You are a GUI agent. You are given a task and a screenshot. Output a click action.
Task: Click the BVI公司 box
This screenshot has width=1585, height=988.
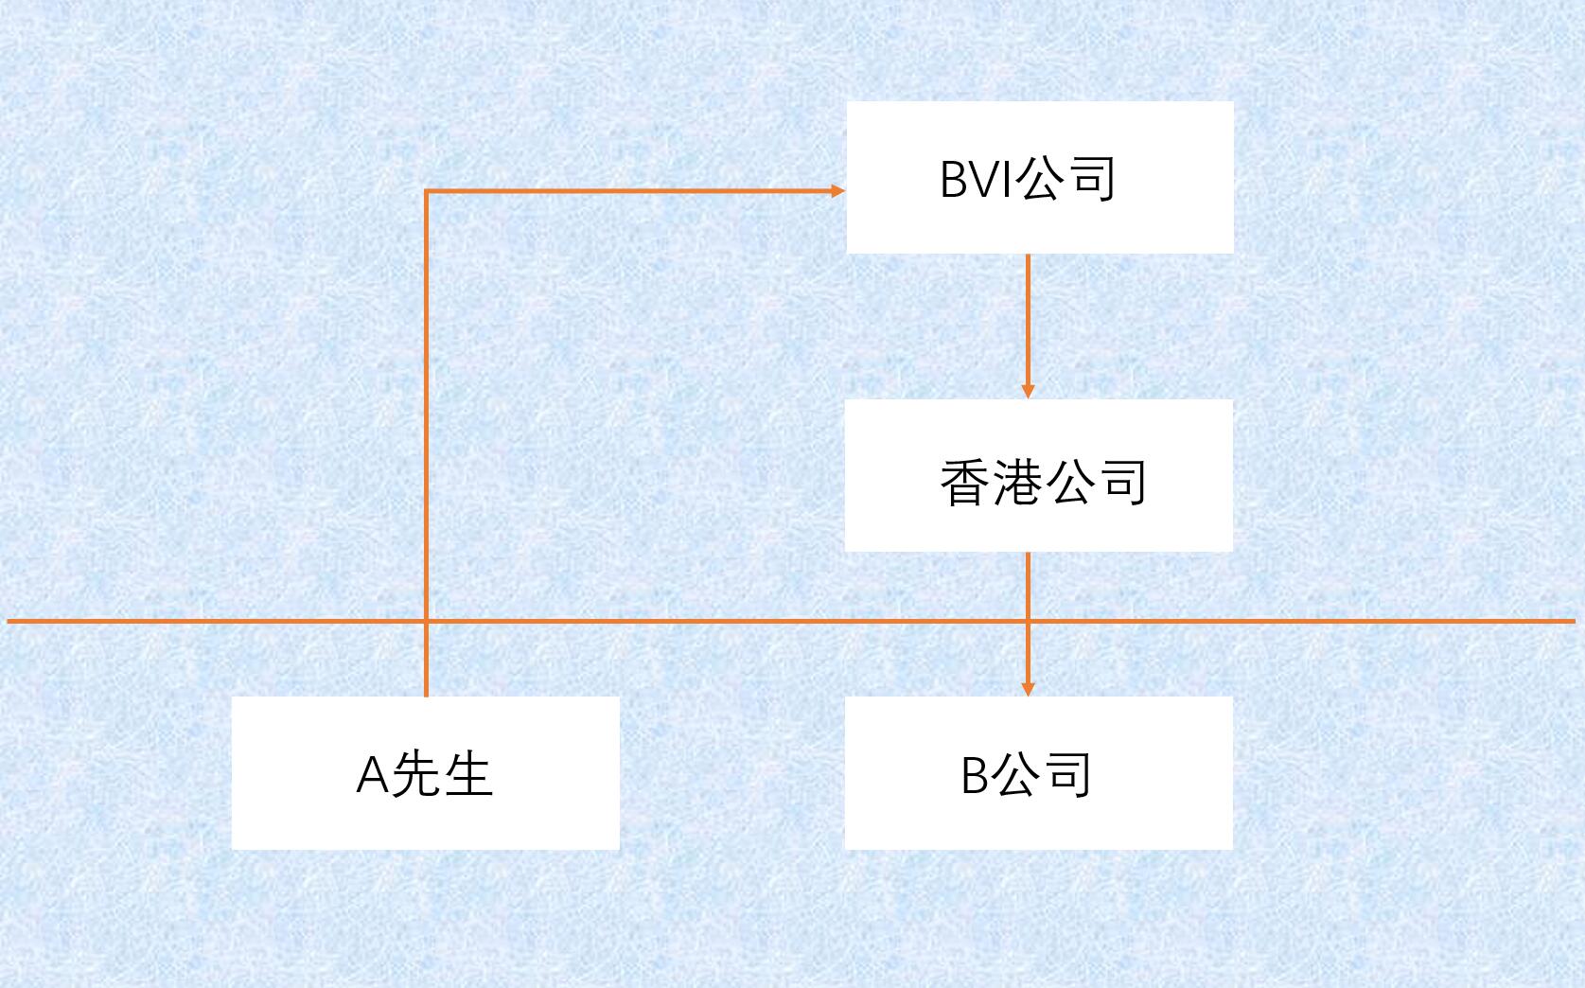click(x=1039, y=177)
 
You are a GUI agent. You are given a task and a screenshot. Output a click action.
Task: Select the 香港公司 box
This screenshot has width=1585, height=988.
click(x=1038, y=475)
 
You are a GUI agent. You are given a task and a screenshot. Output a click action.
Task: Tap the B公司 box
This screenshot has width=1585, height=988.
click(x=1038, y=773)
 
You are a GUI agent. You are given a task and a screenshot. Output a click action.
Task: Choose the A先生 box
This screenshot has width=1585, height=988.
click(x=425, y=773)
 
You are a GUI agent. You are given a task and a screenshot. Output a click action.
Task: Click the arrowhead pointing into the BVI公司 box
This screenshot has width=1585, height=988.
click(x=837, y=191)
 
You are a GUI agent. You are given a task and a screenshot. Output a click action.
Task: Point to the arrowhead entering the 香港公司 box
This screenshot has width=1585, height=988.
click(x=1029, y=391)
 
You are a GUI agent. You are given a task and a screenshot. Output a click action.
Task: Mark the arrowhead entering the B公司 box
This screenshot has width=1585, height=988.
click(x=1029, y=688)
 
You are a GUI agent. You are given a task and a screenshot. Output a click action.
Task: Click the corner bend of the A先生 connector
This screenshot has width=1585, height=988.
click(x=427, y=192)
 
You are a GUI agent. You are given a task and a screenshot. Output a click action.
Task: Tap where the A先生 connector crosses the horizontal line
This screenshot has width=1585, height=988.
click(x=427, y=621)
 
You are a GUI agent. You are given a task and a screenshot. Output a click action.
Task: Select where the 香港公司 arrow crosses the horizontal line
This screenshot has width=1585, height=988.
click(x=1029, y=621)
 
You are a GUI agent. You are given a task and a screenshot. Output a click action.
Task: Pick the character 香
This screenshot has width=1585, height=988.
click(x=965, y=483)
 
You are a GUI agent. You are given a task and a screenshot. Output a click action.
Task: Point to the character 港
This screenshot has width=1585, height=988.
click(x=1018, y=483)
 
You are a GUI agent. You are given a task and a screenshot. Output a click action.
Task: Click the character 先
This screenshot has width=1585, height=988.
click(x=416, y=774)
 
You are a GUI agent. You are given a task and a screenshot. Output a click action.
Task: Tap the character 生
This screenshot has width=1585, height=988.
click(x=467, y=774)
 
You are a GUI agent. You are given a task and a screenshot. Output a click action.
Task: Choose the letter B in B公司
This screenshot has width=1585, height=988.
click(x=975, y=775)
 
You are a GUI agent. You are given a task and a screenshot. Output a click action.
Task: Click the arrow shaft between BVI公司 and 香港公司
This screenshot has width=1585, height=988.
click(x=1029, y=322)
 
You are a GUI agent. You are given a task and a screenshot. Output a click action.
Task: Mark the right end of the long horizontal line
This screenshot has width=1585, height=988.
click(x=1572, y=621)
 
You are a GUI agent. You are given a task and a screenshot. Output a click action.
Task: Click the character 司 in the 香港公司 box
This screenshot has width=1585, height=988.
click(x=1122, y=483)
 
